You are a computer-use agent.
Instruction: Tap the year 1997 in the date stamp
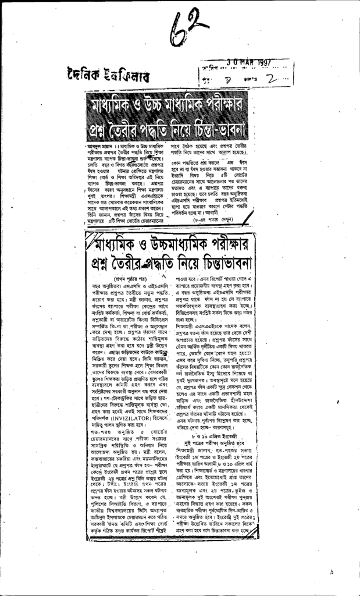pos(262,62)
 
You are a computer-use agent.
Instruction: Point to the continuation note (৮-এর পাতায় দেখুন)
pos(223,222)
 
